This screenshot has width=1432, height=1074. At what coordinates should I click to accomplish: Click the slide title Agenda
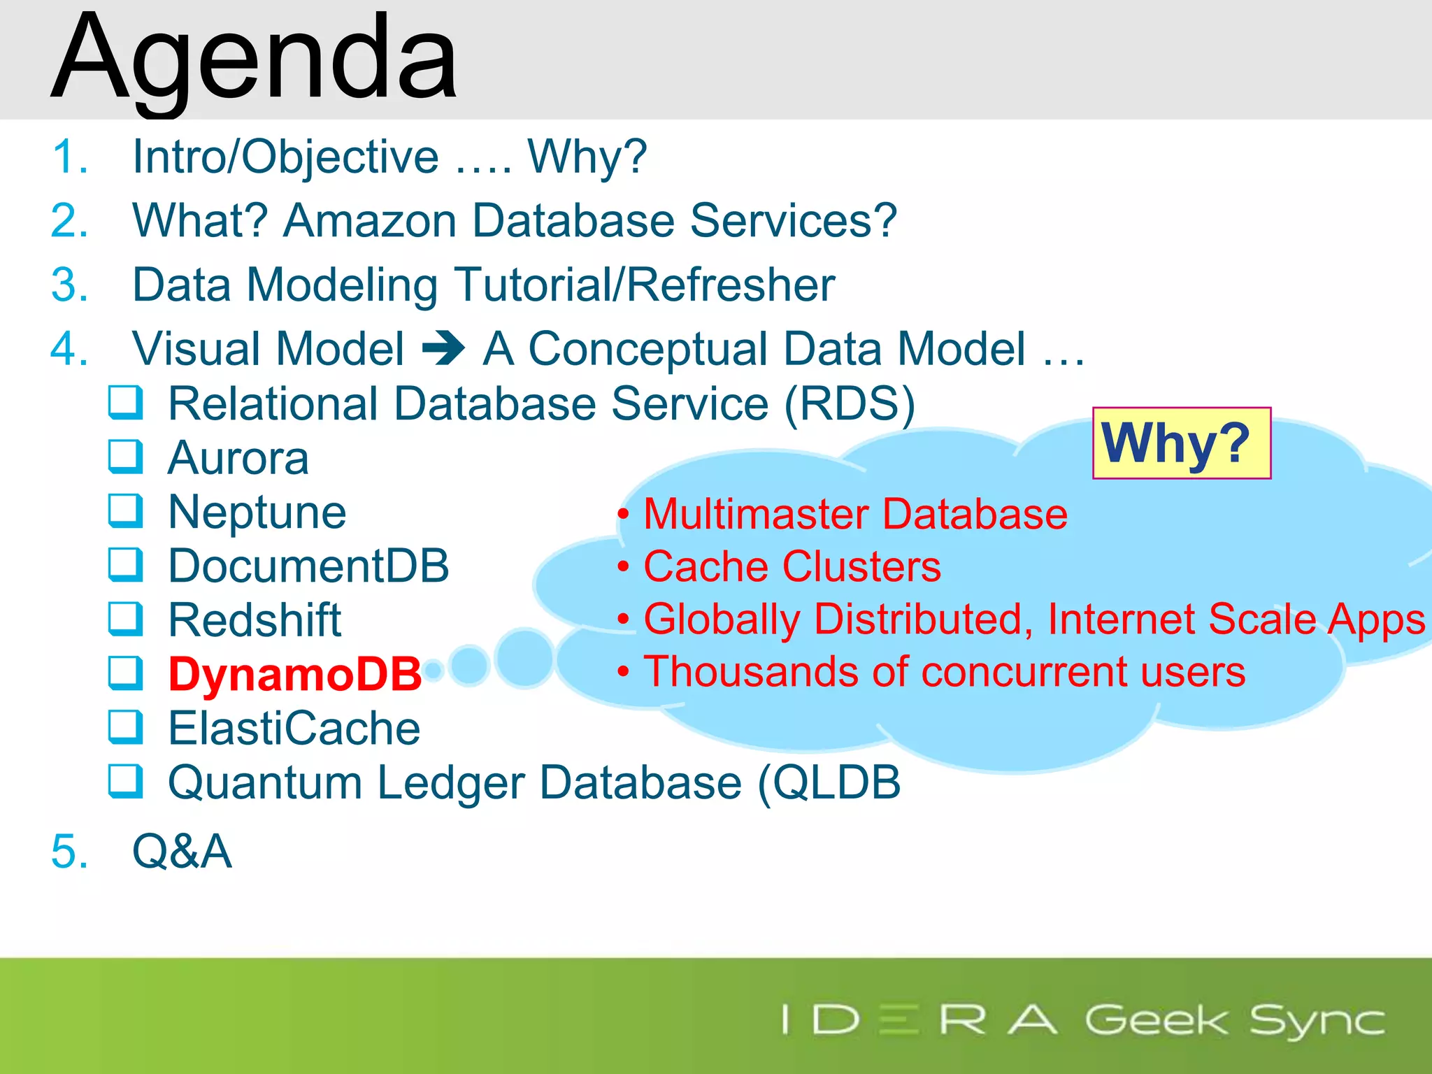point(255,59)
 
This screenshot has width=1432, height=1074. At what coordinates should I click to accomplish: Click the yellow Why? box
point(1181,443)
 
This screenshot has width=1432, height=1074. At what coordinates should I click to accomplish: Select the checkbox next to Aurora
point(126,457)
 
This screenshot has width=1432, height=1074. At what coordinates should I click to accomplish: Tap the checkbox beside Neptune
point(126,511)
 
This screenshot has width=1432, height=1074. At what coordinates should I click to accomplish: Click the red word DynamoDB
point(295,675)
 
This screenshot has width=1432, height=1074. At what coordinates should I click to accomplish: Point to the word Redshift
point(255,620)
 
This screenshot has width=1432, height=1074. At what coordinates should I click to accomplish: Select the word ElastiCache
point(294,729)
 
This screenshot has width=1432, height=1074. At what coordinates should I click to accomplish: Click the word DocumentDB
point(308,566)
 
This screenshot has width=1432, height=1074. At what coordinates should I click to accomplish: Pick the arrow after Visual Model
point(443,348)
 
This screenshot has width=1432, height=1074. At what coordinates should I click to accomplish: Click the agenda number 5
point(69,852)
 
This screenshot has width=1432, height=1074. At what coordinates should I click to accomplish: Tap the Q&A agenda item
point(182,852)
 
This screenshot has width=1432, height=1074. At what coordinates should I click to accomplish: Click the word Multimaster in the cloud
point(754,514)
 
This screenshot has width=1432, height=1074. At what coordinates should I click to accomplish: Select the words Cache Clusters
point(792,566)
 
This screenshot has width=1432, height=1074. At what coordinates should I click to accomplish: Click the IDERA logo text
point(919,1019)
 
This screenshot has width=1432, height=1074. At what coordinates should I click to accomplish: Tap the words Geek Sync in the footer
point(1234,1021)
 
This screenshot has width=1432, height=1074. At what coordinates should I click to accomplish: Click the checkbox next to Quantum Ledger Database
point(126,782)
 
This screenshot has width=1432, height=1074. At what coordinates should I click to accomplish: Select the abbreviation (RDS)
point(849,404)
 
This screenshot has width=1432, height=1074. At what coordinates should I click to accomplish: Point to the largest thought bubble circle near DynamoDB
point(524,657)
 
